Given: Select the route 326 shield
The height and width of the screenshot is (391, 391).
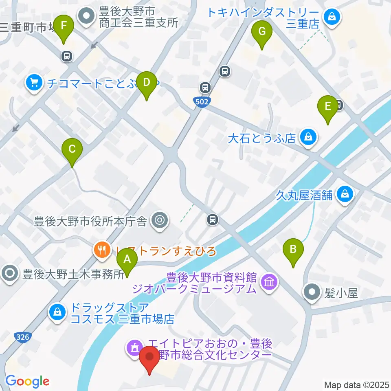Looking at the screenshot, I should point(23,337).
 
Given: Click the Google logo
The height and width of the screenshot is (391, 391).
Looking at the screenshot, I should point(27,381).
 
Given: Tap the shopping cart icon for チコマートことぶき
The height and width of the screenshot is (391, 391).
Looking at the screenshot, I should point(34,83).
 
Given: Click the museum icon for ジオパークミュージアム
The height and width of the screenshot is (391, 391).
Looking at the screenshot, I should point(270,281).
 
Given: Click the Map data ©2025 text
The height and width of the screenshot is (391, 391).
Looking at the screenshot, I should point(356,384).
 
